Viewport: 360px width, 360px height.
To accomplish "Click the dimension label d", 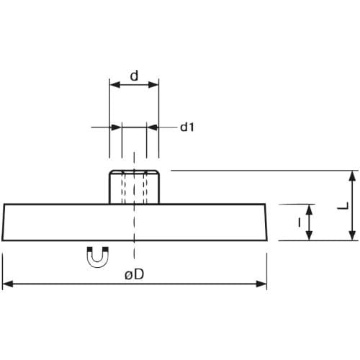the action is pos(134,76).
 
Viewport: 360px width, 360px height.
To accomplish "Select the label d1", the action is pos(187,127).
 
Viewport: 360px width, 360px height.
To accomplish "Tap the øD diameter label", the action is pos(135,274).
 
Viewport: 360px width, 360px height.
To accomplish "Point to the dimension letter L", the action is pos(343,206).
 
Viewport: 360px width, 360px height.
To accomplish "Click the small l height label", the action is pos(299,222).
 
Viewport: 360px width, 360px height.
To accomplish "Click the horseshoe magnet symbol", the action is pos(98,257).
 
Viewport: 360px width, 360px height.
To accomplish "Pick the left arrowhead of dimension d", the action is pos(114,85).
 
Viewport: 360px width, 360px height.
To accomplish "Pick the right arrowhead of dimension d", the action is pos(153,85).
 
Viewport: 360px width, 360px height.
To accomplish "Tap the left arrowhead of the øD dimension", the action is pos(8,284).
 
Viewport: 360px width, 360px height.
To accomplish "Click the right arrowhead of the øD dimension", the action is pos(261,284).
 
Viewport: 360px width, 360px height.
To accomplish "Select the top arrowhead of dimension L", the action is pos(352,176).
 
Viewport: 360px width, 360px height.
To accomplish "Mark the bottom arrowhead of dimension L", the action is pos(352,235).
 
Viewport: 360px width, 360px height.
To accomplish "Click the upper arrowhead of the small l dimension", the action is pos(310,210).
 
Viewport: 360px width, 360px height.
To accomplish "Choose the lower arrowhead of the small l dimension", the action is pos(310,235).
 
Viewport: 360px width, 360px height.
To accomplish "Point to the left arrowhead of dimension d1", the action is pos(116,127).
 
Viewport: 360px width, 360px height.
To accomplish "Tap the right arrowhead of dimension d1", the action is pos(153,127).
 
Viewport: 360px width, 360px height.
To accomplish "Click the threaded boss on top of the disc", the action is pos(134,187).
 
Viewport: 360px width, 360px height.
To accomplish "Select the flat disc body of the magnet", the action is pos(135,222).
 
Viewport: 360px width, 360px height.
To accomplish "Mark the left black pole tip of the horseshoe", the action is pos(89,249).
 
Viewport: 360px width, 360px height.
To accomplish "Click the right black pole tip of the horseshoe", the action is pos(106,249).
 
